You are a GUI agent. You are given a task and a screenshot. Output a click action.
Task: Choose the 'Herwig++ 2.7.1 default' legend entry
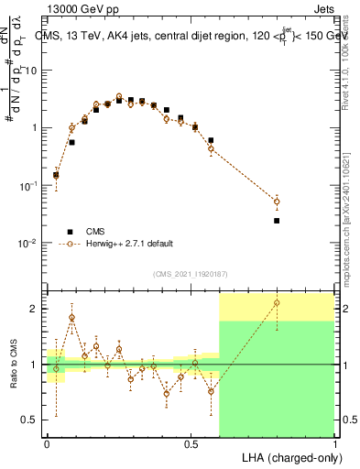pyautogui.click(x=115, y=244)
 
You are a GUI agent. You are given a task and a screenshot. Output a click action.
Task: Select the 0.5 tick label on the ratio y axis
pyautogui.click(x=31, y=420)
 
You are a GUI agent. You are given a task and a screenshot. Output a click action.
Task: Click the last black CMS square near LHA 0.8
pyautogui.click(x=277, y=221)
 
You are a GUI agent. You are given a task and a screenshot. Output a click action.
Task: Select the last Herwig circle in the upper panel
pyautogui.click(x=277, y=202)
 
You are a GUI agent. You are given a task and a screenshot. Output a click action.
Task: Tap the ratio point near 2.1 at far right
pyautogui.click(x=277, y=302)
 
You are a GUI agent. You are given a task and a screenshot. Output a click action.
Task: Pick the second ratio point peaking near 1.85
pyautogui.click(x=71, y=318)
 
